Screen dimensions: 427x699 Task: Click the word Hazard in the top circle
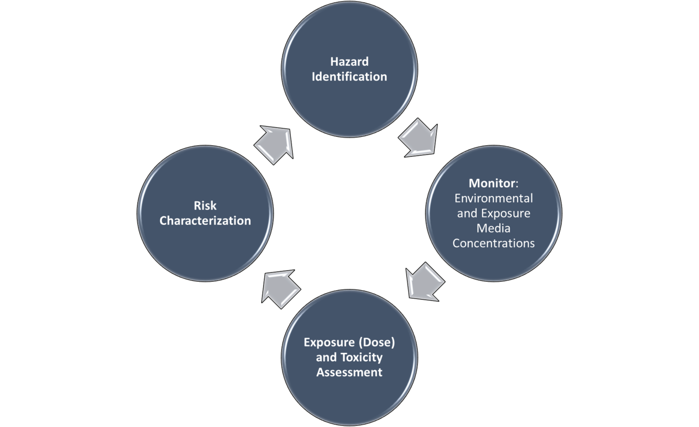click(x=349, y=61)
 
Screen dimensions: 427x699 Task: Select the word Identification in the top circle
click(x=349, y=76)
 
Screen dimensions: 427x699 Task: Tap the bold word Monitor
click(x=492, y=183)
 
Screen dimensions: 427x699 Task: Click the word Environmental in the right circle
click(x=493, y=199)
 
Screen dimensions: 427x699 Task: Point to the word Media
click(x=493, y=228)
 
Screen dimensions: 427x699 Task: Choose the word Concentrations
click(x=493, y=244)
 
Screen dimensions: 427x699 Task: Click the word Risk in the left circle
click(x=205, y=205)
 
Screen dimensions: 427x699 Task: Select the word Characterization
click(x=205, y=221)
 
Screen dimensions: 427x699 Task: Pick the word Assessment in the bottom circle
click(x=349, y=373)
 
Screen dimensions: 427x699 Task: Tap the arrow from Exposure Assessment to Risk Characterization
click(x=280, y=288)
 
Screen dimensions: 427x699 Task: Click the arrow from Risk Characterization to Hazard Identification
click(x=274, y=145)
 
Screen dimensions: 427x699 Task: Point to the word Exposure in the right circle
click(x=505, y=214)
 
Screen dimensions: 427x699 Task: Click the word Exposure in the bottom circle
click(x=329, y=342)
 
